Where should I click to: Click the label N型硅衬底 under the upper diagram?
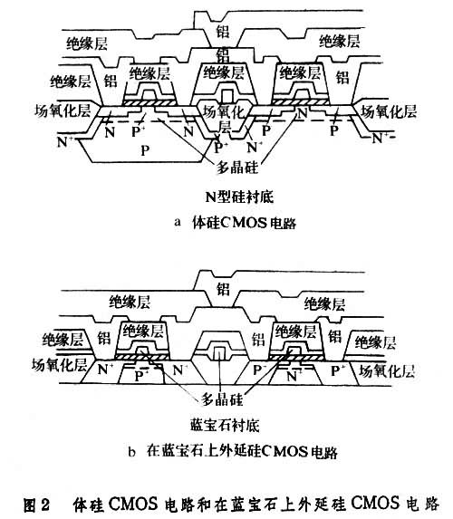click(x=239, y=197)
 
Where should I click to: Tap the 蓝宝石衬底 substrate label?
click(x=225, y=426)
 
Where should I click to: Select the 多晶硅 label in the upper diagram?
click(x=237, y=168)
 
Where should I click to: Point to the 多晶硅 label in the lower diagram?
click(x=222, y=399)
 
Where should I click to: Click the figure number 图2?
click(x=36, y=505)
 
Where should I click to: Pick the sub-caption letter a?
click(x=178, y=222)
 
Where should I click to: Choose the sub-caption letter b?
click(x=132, y=451)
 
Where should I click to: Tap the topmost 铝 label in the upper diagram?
click(x=223, y=32)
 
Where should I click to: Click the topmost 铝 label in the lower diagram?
click(x=223, y=289)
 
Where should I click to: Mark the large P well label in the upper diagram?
click(x=145, y=150)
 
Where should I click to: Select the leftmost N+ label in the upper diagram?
click(x=65, y=142)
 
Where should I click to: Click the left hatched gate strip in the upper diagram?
click(x=149, y=102)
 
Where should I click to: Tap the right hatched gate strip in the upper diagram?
click(x=301, y=101)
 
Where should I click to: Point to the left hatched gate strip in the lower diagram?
click(x=141, y=358)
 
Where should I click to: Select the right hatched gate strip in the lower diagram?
click(x=295, y=358)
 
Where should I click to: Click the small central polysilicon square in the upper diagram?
click(x=226, y=95)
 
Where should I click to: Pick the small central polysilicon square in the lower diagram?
click(x=218, y=354)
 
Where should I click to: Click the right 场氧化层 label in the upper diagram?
click(x=388, y=111)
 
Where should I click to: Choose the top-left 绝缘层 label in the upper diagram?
click(x=87, y=43)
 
